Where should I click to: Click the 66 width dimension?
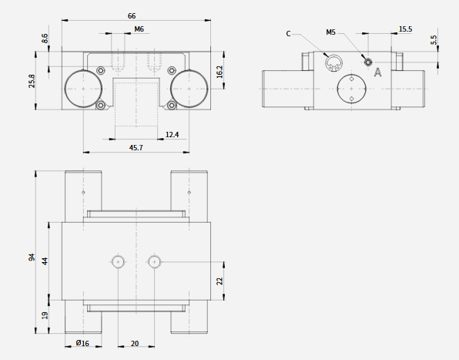pyautogui.click(x=132, y=16)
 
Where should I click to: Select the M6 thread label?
pyautogui.click(x=139, y=29)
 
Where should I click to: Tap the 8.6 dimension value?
pyautogui.click(x=45, y=39)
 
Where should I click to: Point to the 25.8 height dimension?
pyautogui.click(x=32, y=81)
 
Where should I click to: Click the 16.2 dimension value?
pyautogui.click(x=219, y=72)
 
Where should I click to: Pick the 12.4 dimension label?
pyautogui.click(x=172, y=134)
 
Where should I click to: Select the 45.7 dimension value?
pyautogui.click(x=136, y=148)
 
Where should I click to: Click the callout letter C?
pyautogui.click(x=288, y=34)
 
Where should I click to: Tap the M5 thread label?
pyautogui.click(x=331, y=32)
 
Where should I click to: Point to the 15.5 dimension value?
pyautogui.click(x=405, y=29)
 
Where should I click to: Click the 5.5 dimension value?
pyautogui.click(x=434, y=40)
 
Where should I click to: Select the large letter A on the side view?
pyautogui.click(x=378, y=72)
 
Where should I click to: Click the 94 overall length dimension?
pyautogui.click(x=32, y=257)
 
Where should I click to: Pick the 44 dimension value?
pyautogui.click(x=45, y=261)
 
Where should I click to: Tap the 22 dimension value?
pyautogui.click(x=219, y=281)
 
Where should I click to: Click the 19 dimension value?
pyautogui.click(x=45, y=315)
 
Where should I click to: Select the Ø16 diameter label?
pyautogui.click(x=82, y=343)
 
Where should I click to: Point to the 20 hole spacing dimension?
pyautogui.click(x=135, y=343)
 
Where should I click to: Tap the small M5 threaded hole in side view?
pyautogui.click(x=368, y=62)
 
